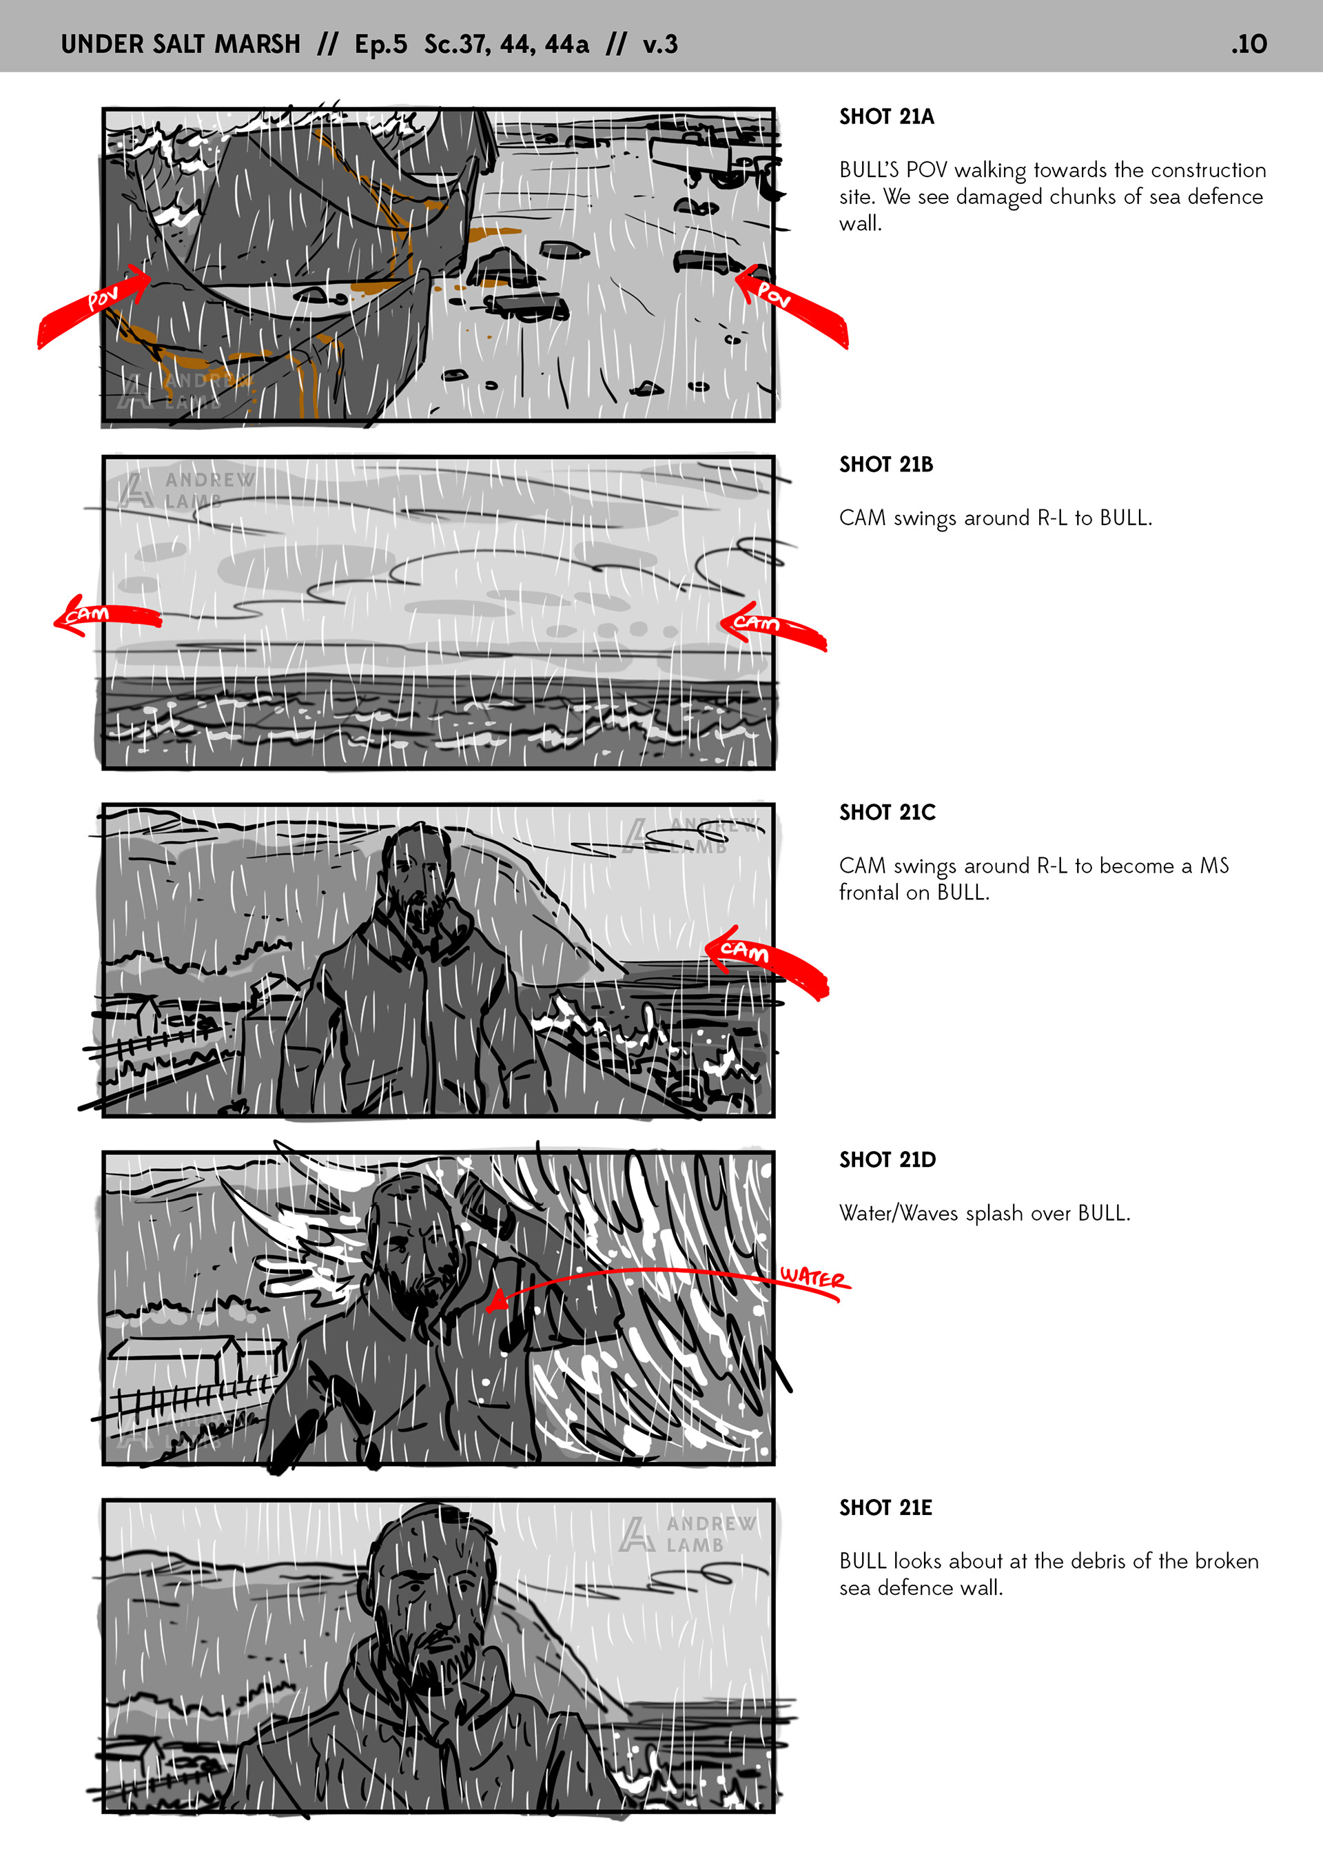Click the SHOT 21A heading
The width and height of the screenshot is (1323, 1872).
pos(886,116)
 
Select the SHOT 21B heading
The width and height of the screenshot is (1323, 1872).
pos(886,464)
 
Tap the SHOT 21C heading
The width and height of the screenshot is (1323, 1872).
pos(887,812)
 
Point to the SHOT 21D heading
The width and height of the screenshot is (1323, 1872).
pos(887,1159)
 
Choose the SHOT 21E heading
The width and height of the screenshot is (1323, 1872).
pos(885,1507)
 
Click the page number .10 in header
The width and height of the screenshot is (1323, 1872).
pos(1249,44)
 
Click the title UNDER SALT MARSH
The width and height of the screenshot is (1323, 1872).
pos(180,44)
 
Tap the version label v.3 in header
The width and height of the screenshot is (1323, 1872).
pos(659,44)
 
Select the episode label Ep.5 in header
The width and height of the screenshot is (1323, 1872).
pos(380,45)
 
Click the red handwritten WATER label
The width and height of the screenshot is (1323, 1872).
pos(814,1279)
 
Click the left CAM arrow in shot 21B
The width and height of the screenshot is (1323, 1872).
pos(106,615)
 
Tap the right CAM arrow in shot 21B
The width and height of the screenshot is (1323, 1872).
pos(772,625)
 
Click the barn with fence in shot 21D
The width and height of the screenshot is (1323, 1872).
pos(196,1378)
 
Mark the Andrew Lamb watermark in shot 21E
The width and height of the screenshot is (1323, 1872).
pos(688,1534)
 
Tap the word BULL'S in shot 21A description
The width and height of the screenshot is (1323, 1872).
pos(869,170)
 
